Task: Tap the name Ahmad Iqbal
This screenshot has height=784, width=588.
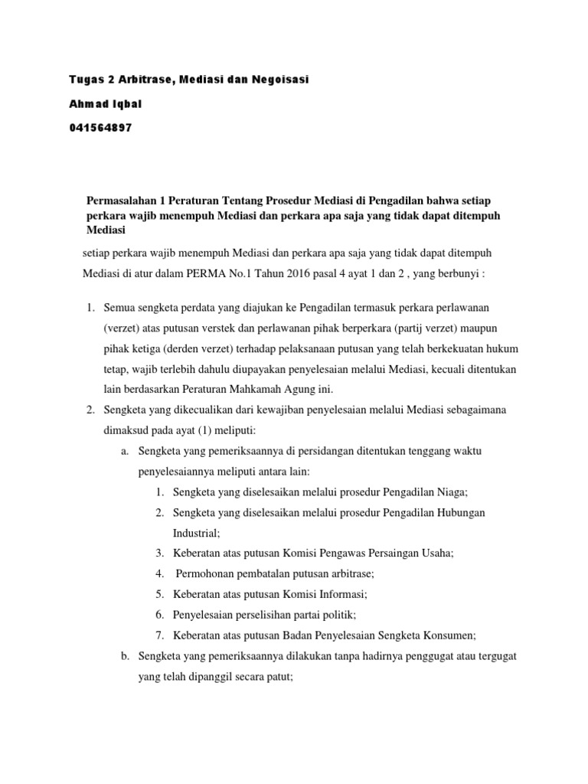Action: pyautogui.click(x=102, y=104)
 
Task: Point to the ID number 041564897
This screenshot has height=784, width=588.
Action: pyautogui.click(x=100, y=128)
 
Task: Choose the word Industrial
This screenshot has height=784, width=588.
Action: pyautogui.click(x=196, y=532)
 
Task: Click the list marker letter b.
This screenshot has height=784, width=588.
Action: pyautogui.click(x=125, y=656)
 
